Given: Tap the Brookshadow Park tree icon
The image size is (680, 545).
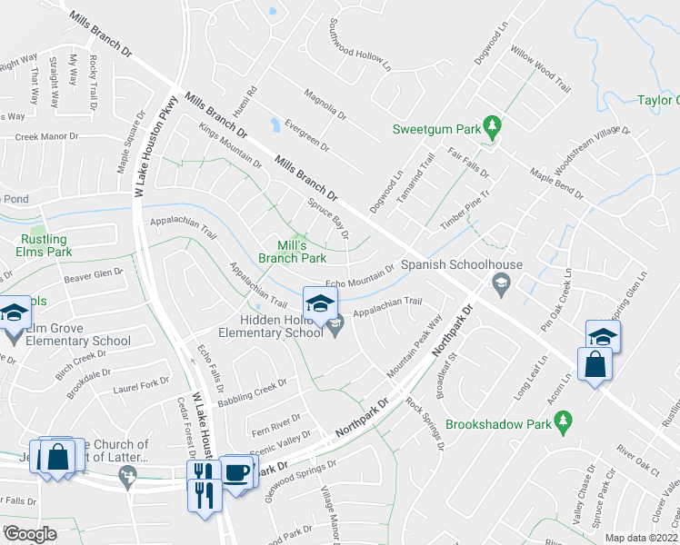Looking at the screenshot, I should tap(564, 421).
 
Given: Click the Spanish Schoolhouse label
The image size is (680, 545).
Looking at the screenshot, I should tap(463, 265).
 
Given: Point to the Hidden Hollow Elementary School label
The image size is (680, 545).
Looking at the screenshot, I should tap(281, 326).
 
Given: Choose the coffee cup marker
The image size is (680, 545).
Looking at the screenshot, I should tap(237, 473).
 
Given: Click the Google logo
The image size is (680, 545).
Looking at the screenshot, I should tap(30, 534).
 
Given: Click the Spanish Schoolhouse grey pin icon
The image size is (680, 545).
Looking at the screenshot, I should tap(499, 285).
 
